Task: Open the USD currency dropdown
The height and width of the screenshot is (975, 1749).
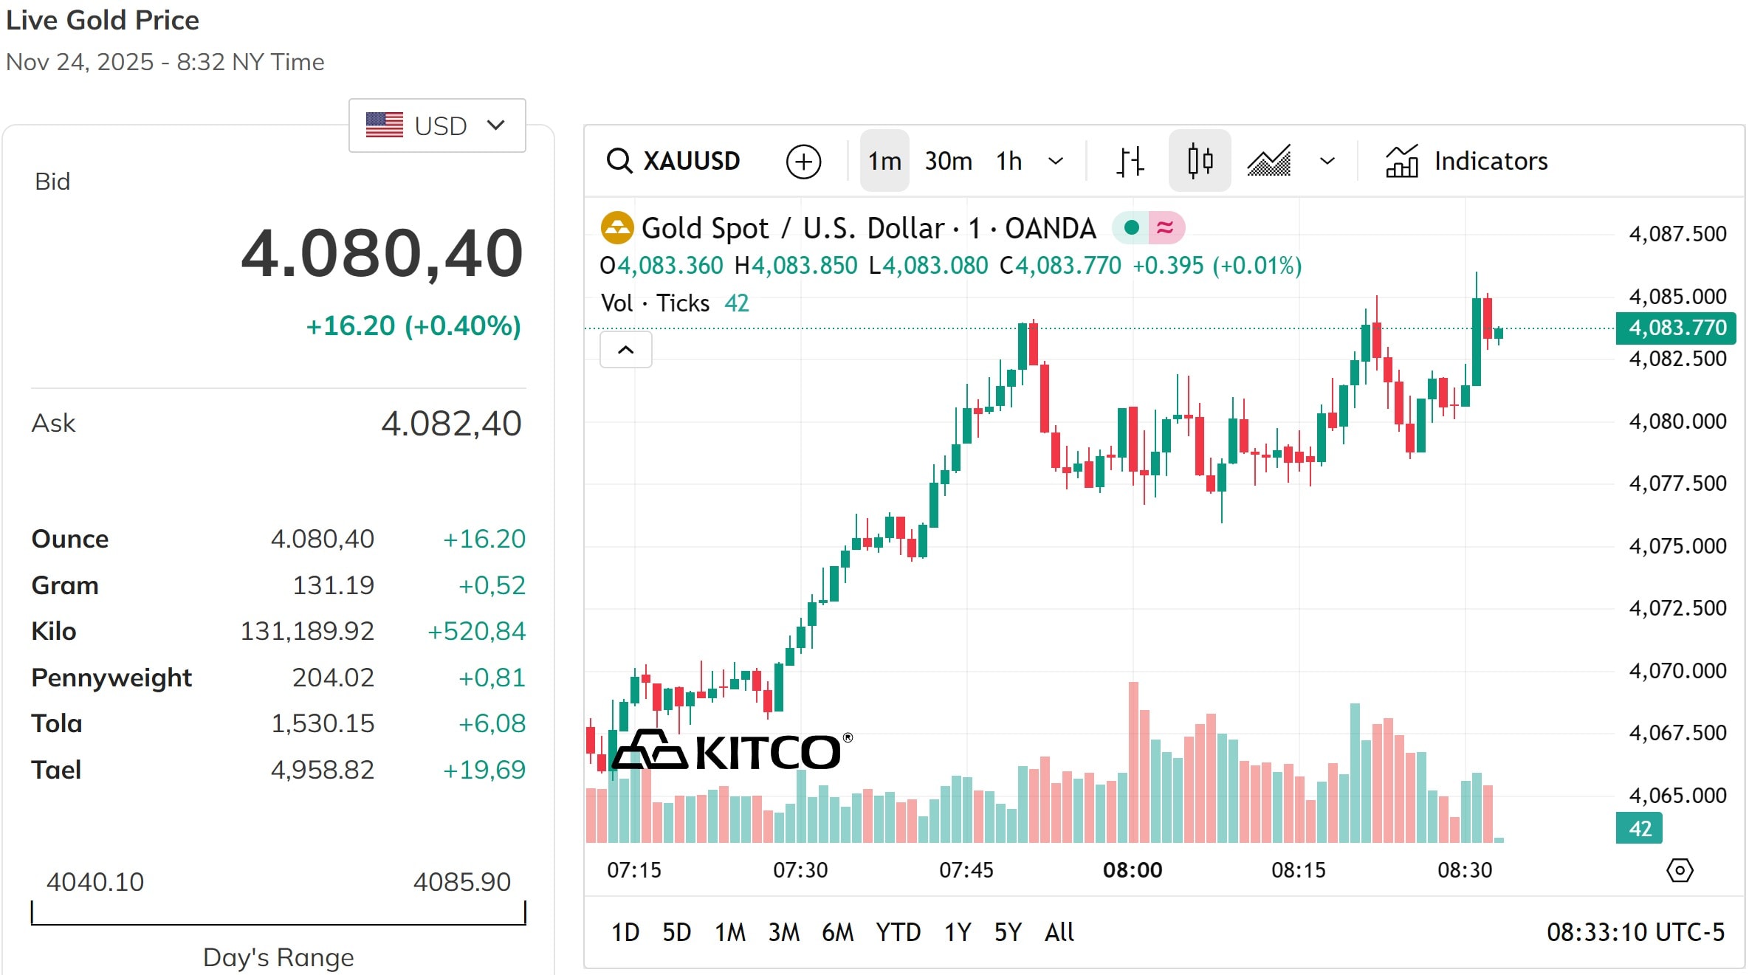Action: (x=436, y=125)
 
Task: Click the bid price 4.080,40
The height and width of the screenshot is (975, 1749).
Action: (x=382, y=253)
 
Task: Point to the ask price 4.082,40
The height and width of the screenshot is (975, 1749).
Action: (x=451, y=424)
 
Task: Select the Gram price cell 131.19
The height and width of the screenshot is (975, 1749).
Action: (x=333, y=585)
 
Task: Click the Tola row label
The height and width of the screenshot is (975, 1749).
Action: (x=57, y=723)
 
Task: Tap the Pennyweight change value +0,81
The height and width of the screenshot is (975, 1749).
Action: (x=492, y=678)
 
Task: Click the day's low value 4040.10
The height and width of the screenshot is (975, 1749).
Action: (x=95, y=882)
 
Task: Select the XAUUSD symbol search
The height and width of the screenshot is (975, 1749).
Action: (x=674, y=161)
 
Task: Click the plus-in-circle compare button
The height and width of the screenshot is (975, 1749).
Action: (x=803, y=162)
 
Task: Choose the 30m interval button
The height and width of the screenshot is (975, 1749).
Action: (x=948, y=161)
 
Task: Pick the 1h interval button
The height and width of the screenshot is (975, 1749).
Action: (x=1008, y=161)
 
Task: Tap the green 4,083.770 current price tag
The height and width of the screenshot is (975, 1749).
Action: (x=1676, y=328)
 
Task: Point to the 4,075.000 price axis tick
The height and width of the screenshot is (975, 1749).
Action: (x=1677, y=546)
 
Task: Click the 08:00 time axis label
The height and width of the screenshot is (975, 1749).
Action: (x=1132, y=870)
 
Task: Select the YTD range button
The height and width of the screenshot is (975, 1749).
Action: (x=898, y=932)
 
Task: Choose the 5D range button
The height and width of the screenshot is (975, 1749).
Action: (x=676, y=932)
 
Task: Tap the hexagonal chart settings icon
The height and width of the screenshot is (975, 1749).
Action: (x=1680, y=870)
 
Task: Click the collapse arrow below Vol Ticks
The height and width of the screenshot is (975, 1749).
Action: (x=625, y=350)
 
